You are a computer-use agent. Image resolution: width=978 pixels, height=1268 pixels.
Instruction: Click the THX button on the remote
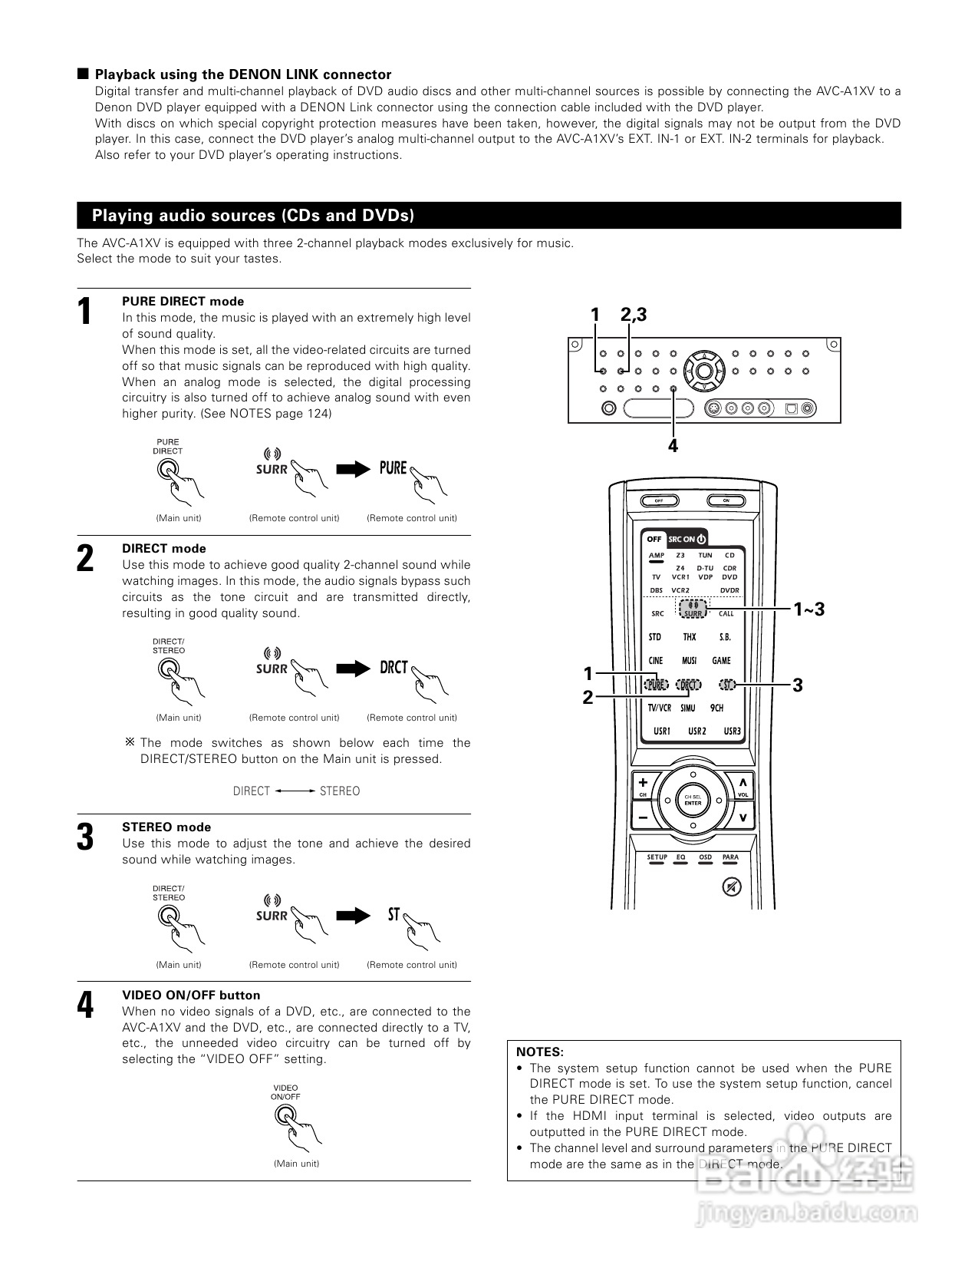689,637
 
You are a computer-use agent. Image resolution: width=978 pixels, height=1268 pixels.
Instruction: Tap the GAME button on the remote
721,660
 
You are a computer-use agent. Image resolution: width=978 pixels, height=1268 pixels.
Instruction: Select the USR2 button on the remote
696,731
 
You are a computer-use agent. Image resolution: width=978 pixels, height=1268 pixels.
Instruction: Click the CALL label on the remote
726,613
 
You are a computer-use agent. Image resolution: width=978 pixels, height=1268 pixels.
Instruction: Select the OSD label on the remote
705,857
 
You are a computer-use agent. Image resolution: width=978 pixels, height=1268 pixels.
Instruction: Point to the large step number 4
86,1005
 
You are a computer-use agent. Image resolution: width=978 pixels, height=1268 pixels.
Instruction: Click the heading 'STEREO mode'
166,827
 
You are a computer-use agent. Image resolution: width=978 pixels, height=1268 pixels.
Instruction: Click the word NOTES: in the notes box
540,1052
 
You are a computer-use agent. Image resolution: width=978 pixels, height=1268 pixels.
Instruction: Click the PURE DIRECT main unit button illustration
167,469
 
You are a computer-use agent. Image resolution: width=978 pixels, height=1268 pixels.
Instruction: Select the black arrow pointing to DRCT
353,668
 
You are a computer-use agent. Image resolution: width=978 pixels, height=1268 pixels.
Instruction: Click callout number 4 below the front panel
673,445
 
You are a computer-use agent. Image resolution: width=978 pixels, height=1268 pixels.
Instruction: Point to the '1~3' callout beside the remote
809,609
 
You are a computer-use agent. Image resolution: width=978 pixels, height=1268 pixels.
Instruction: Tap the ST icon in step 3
394,915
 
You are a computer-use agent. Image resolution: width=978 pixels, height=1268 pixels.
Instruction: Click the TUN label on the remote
705,555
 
